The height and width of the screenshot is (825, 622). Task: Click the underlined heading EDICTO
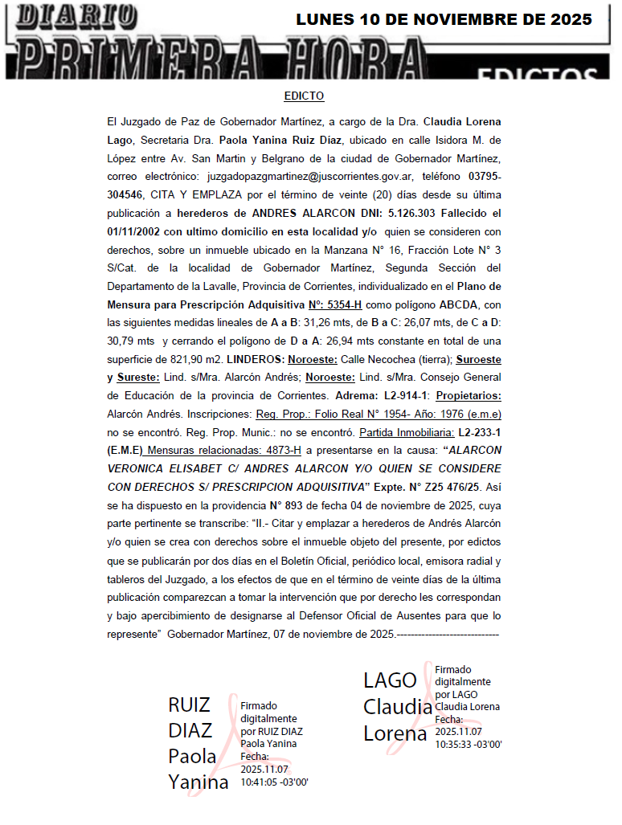(304, 96)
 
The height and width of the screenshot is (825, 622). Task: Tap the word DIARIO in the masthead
(77, 14)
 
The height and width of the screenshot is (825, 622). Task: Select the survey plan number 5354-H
(344, 304)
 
